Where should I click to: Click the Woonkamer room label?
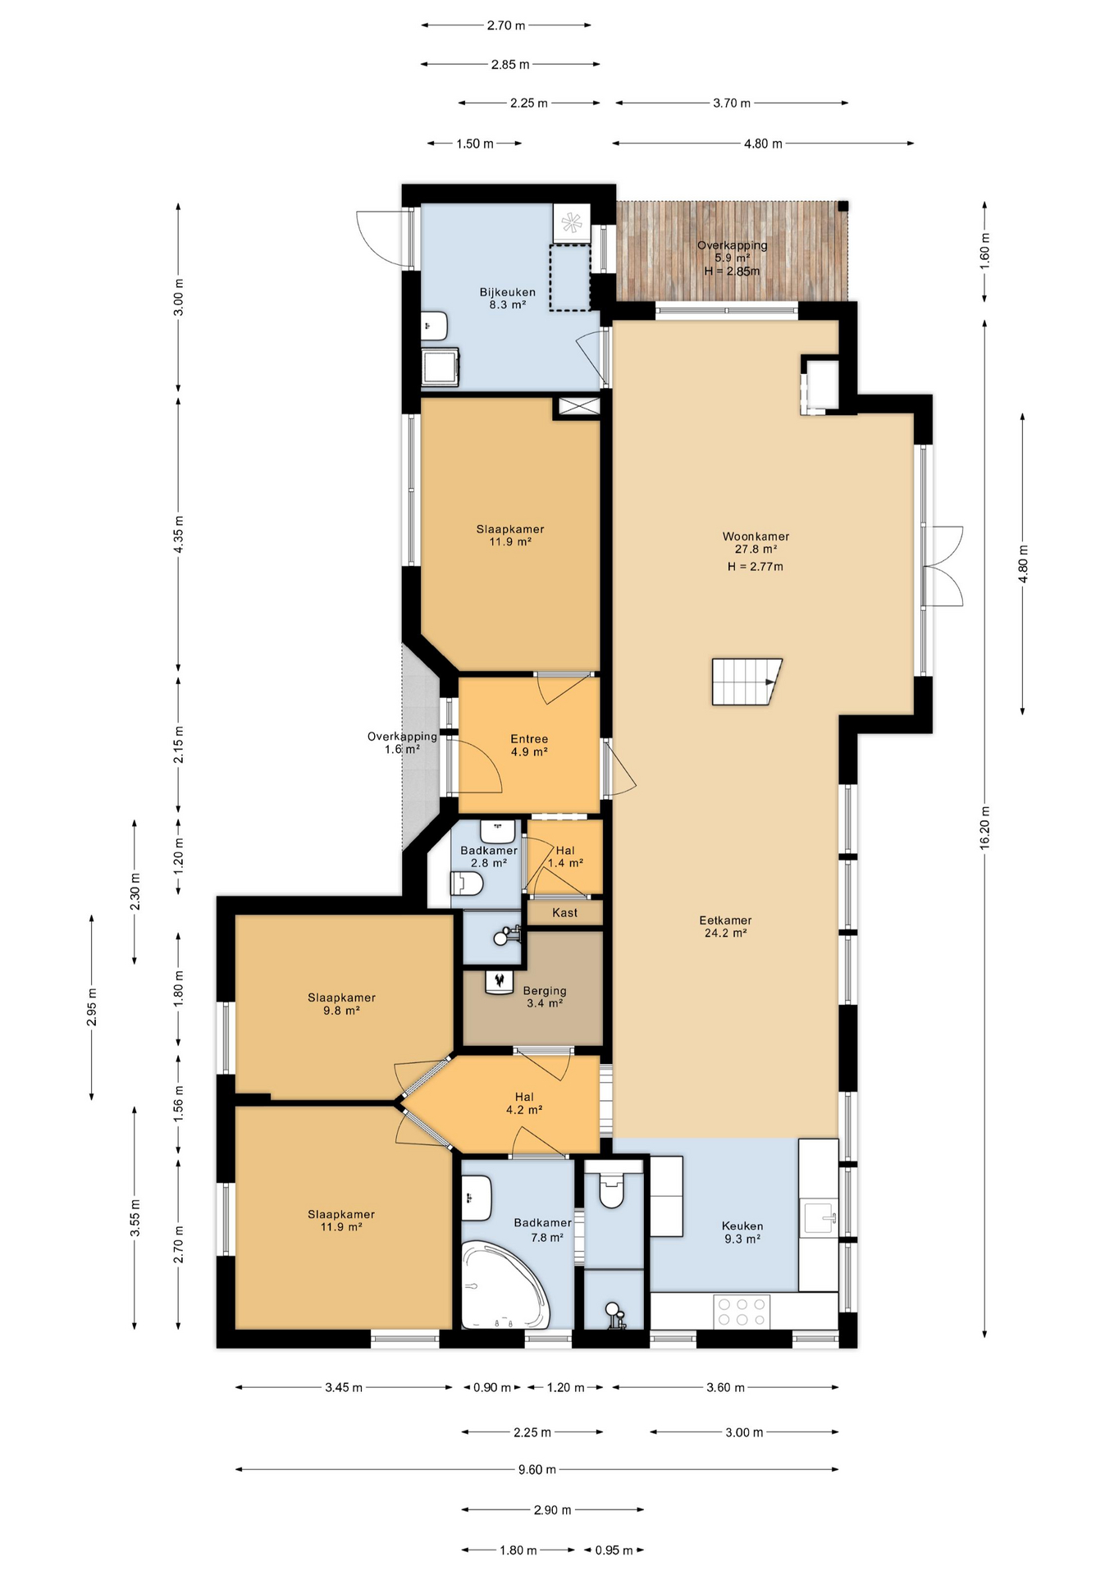tap(756, 542)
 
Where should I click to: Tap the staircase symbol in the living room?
tap(746, 682)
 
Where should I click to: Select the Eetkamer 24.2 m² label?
tap(725, 926)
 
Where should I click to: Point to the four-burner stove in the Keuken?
tap(742, 1311)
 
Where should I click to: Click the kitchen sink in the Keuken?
tap(819, 1217)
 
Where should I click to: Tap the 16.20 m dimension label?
tap(985, 829)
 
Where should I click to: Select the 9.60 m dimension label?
tap(537, 1469)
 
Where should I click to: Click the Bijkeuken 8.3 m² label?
tap(507, 298)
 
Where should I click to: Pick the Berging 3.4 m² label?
tap(545, 997)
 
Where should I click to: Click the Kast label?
tap(564, 912)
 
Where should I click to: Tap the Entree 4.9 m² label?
tap(529, 745)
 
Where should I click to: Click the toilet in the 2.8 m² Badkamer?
tap(468, 883)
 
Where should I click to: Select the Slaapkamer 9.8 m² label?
tap(341, 1004)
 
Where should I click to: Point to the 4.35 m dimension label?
tap(179, 534)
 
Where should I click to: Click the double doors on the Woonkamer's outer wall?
tap(943, 566)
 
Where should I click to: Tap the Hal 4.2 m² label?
tap(524, 1102)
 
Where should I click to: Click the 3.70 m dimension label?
tap(731, 103)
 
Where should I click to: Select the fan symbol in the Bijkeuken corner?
tap(571, 222)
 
